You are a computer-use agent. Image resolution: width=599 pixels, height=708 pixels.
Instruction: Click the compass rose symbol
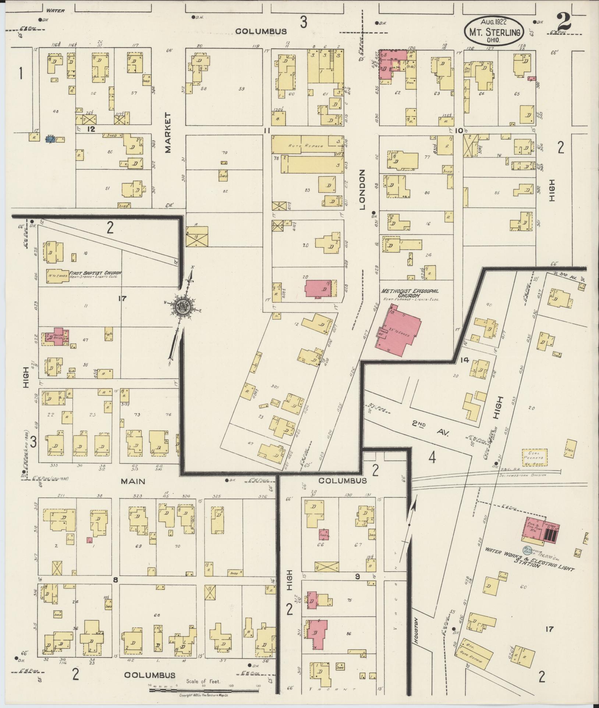(x=182, y=306)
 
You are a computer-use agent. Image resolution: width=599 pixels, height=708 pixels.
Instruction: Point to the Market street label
(x=168, y=133)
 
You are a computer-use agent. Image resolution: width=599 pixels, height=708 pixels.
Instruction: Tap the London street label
(x=362, y=190)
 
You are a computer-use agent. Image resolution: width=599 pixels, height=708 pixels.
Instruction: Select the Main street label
(x=134, y=481)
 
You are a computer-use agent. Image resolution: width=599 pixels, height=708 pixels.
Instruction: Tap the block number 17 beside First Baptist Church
(x=122, y=298)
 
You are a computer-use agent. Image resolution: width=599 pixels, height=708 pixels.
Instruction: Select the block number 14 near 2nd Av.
(x=465, y=360)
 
